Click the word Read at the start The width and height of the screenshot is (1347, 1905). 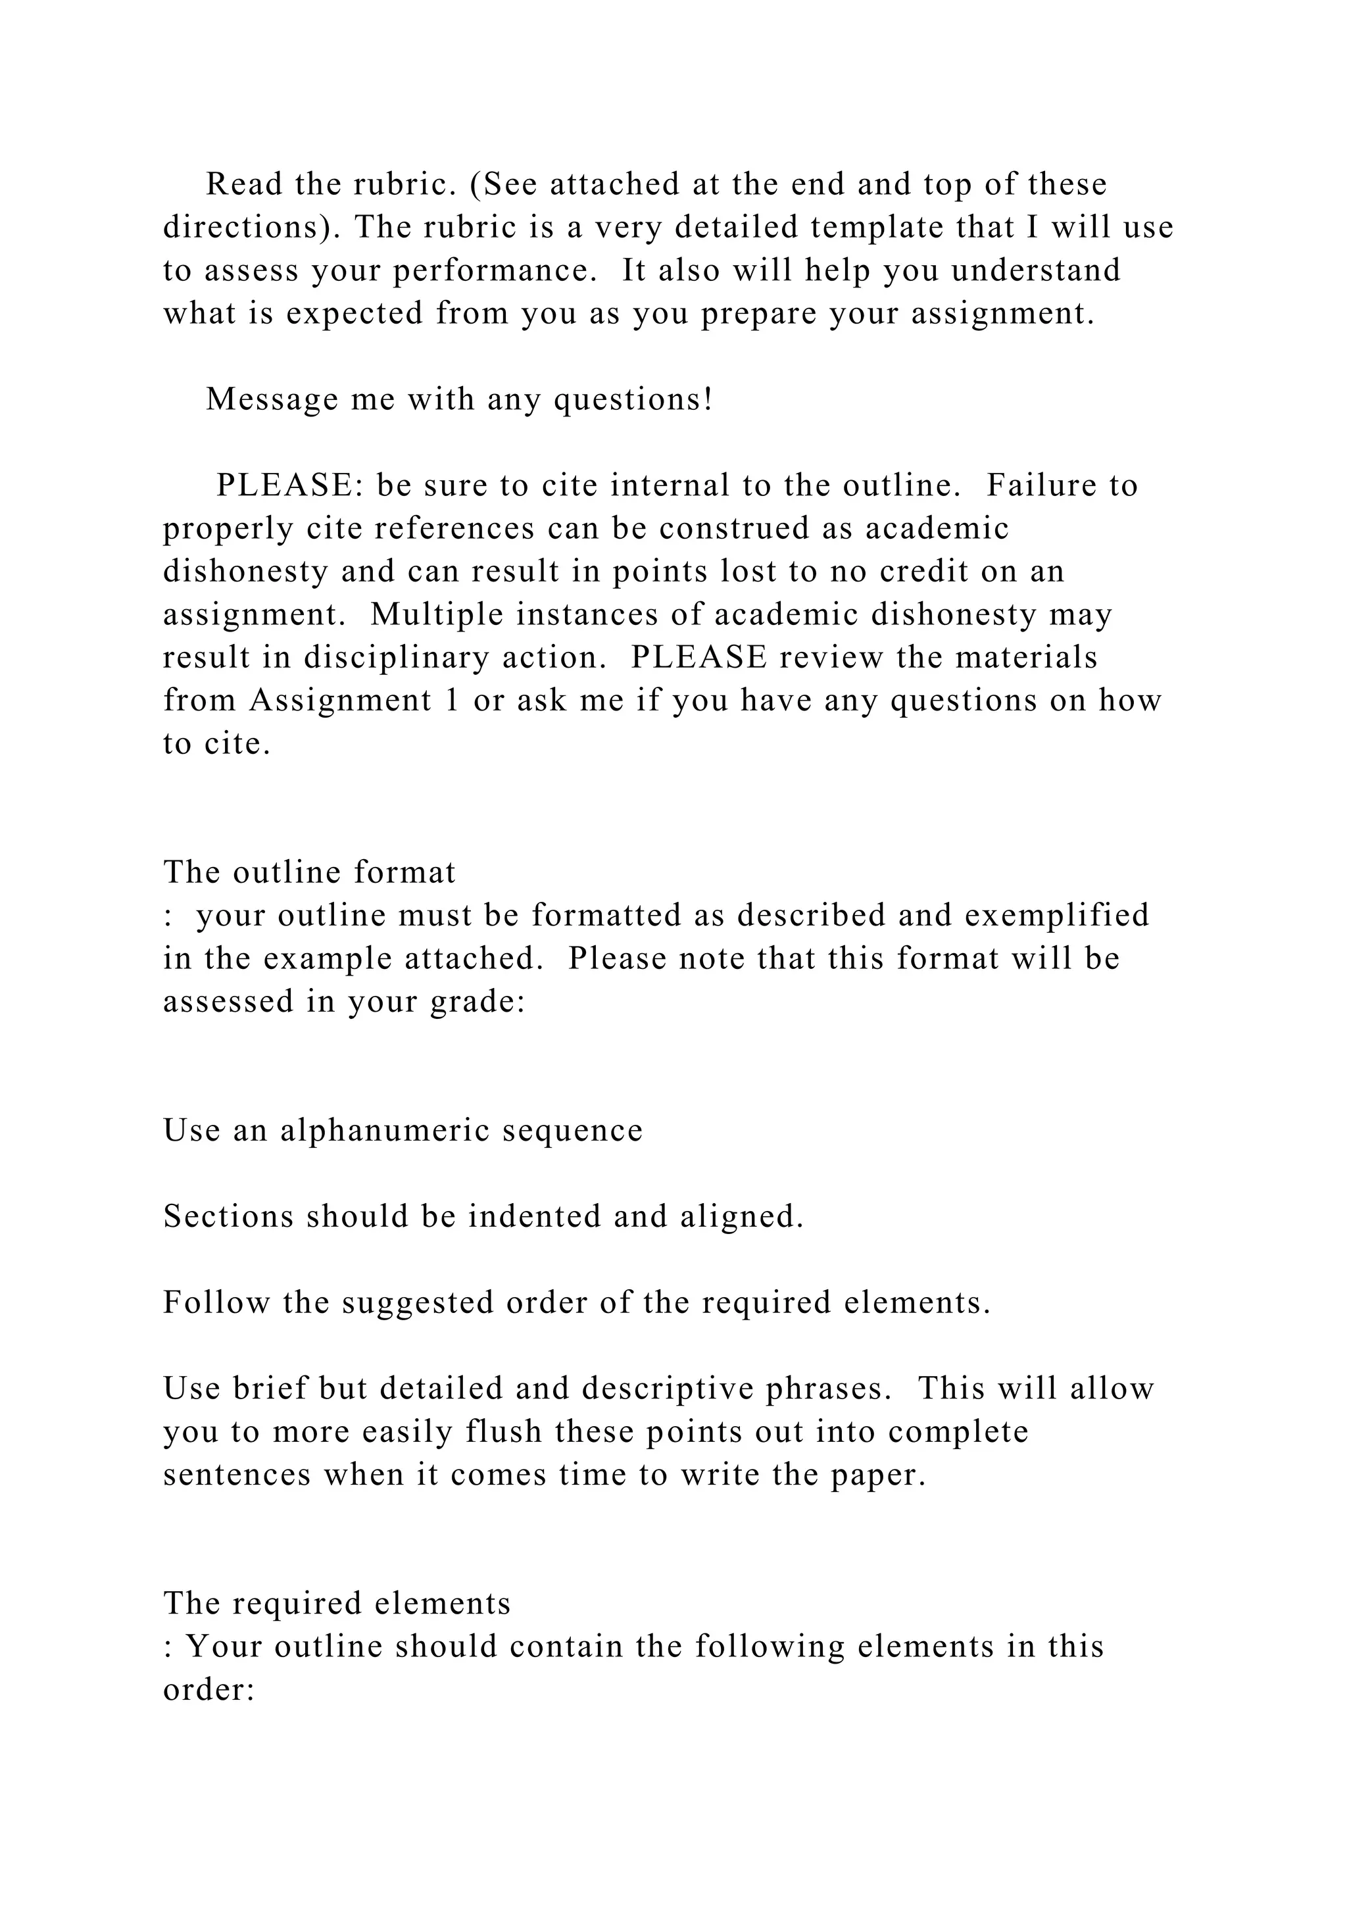(x=245, y=184)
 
